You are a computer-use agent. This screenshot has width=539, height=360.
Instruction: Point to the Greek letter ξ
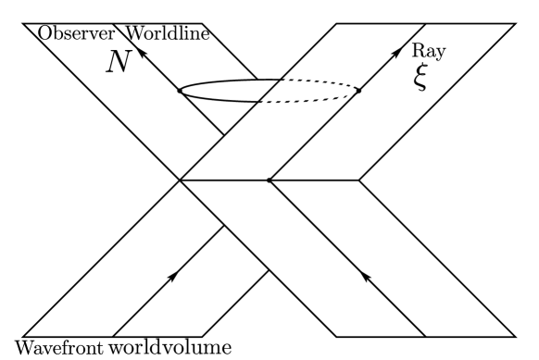coord(421,78)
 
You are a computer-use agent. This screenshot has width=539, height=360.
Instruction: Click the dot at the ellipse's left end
coord(179,91)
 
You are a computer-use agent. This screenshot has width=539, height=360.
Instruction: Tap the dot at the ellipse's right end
coord(357,91)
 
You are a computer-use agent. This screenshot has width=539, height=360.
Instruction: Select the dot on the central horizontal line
coord(269,180)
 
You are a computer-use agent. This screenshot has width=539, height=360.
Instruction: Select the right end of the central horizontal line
coord(358,180)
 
